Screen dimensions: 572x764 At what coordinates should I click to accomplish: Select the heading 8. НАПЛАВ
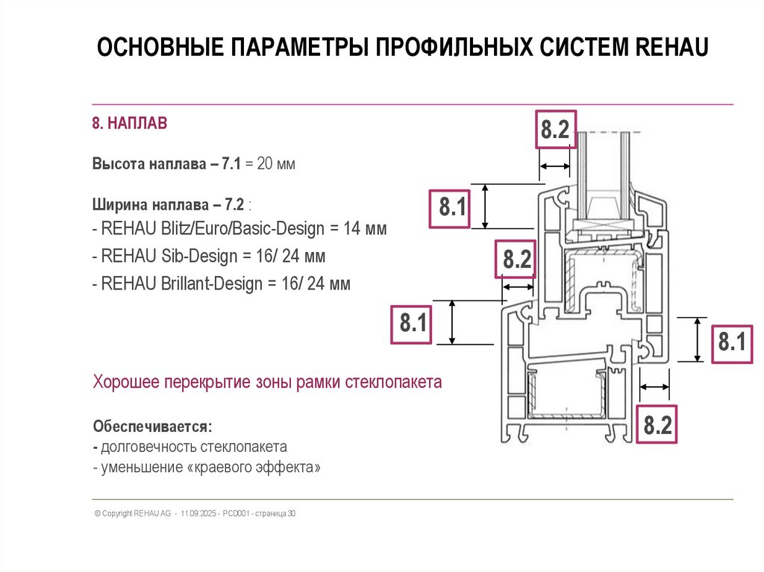tap(130, 123)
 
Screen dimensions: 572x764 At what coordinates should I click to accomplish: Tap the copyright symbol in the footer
tap(97, 514)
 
